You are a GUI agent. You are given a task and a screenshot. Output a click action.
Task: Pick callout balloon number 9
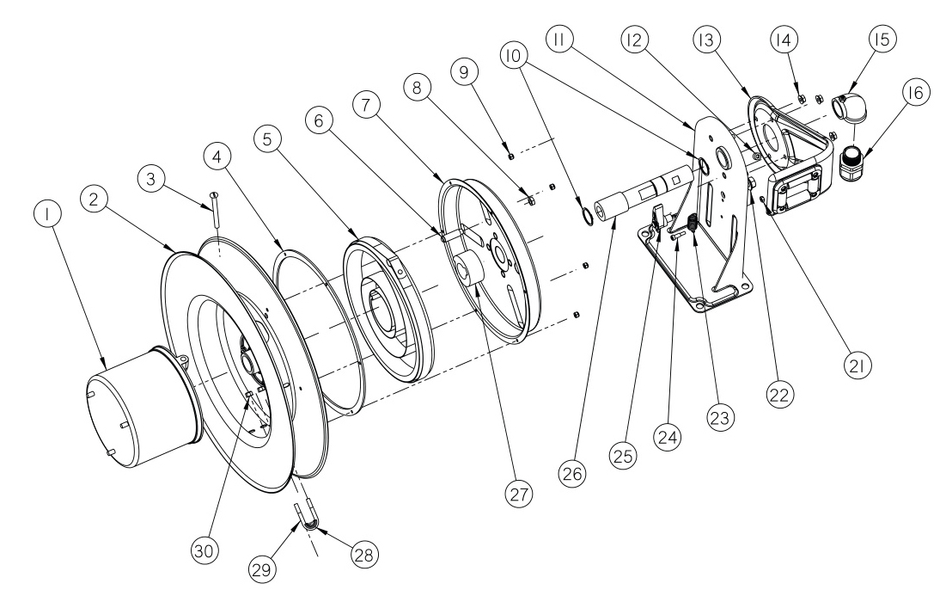click(469, 73)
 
